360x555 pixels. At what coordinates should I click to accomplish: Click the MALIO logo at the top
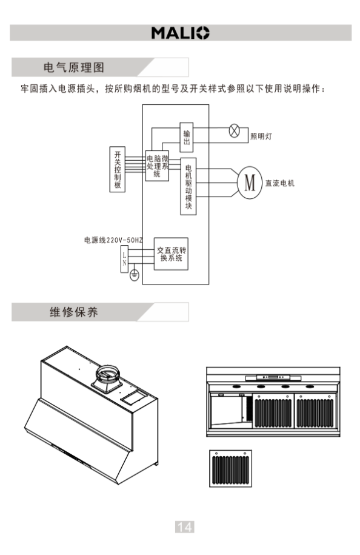pyautogui.click(x=181, y=33)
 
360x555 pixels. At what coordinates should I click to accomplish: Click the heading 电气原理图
pyautogui.click(x=74, y=67)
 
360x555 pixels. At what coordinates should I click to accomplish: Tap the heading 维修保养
pyautogui.click(x=74, y=312)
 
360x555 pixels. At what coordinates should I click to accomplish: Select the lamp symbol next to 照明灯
pyautogui.click(x=234, y=130)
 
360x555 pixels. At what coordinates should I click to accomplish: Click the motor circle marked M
pyautogui.click(x=250, y=183)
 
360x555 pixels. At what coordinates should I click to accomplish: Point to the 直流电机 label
pyautogui.click(x=280, y=183)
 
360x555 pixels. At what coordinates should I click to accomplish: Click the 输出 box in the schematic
pyautogui.click(x=187, y=137)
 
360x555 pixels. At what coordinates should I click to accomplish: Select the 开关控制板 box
pyautogui.click(x=118, y=169)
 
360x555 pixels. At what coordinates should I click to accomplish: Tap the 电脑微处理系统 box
pyautogui.click(x=158, y=166)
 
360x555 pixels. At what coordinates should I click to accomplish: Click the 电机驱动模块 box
pyautogui.click(x=188, y=186)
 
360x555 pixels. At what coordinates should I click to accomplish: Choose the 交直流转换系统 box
pyautogui.click(x=171, y=254)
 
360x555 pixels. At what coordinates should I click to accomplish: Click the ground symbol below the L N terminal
pyautogui.click(x=135, y=275)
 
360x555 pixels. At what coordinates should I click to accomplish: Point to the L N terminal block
pyautogui.click(x=124, y=259)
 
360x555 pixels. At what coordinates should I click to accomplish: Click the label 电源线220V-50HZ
pyautogui.click(x=113, y=240)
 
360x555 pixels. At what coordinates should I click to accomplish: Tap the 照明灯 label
pyautogui.click(x=261, y=136)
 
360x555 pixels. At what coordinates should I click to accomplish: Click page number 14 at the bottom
pyautogui.click(x=185, y=527)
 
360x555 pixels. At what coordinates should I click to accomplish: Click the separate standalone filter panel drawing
pyautogui.click(x=230, y=469)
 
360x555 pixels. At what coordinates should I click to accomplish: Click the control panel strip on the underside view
pyautogui.click(x=273, y=378)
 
